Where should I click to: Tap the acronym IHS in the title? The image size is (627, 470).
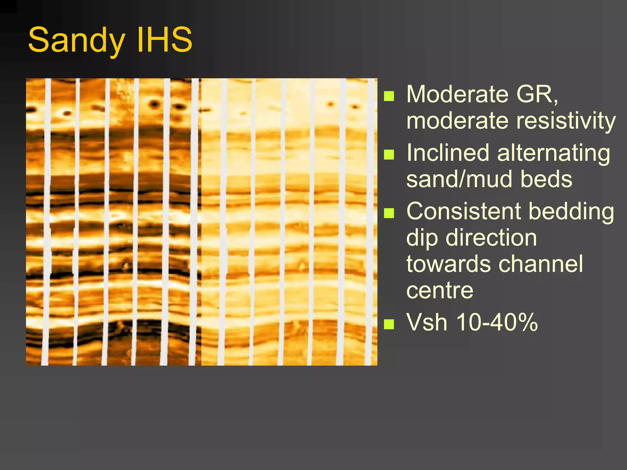click(x=164, y=40)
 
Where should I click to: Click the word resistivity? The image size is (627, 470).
click(x=566, y=121)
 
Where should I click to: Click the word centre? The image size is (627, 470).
click(x=440, y=290)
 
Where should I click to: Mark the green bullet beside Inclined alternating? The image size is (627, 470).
click(x=389, y=155)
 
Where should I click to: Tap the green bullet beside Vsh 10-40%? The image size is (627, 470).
click(x=389, y=324)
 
